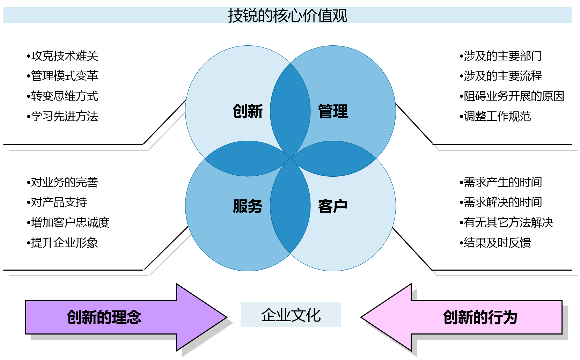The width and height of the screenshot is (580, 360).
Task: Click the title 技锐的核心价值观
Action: tap(287, 15)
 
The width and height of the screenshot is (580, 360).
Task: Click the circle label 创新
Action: tap(248, 111)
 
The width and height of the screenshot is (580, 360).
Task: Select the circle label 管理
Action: tap(333, 111)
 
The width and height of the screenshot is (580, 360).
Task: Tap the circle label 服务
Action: tap(248, 206)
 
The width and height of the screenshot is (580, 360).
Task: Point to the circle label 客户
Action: tap(333, 206)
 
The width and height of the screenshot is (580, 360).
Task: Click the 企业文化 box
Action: tap(291, 315)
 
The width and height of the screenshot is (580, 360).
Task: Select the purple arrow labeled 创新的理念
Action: tap(105, 317)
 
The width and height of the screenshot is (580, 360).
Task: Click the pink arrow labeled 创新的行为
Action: tap(480, 317)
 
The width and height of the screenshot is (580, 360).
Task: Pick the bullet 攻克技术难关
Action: tap(63, 56)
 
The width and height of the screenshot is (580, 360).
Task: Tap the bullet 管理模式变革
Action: tap(63, 76)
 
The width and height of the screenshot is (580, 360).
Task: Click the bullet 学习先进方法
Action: tap(63, 116)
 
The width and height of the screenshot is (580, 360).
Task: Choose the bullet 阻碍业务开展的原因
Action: tap(512, 96)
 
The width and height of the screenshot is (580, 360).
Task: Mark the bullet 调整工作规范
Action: tap(496, 116)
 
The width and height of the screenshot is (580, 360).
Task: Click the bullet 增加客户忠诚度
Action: tap(68, 222)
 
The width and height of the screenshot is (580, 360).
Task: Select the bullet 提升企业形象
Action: tap(63, 243)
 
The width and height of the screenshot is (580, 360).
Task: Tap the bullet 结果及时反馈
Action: tap(496, 243)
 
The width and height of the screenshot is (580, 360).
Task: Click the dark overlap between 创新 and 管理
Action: tap(290, 111)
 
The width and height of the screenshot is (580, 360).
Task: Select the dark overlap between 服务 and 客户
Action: tap(290, 206)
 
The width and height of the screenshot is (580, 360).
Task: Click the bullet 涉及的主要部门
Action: tap(501, 56)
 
